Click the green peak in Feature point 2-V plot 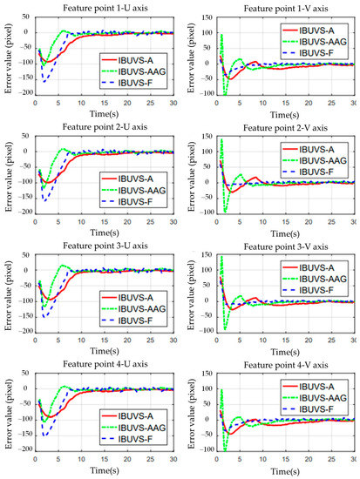[x=221, y=140]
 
